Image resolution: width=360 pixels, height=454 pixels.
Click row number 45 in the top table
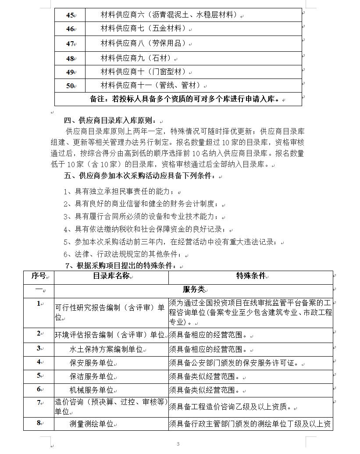coord(70,15)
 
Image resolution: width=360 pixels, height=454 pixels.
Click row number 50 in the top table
coord(70,86)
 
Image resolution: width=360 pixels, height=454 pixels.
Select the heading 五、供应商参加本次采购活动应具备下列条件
coord(141,176)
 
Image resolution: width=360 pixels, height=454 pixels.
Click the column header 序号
coord(39,276)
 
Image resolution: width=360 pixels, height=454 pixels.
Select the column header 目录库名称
coord(111,276)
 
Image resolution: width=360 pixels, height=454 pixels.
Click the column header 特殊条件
coord(251,276)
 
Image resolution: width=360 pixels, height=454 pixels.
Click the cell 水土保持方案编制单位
coord(106,350)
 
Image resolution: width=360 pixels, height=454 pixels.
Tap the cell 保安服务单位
coord(91,363)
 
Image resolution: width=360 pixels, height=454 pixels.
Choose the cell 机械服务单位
coord(91,390)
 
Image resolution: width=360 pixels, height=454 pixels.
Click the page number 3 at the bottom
coord(178,444)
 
